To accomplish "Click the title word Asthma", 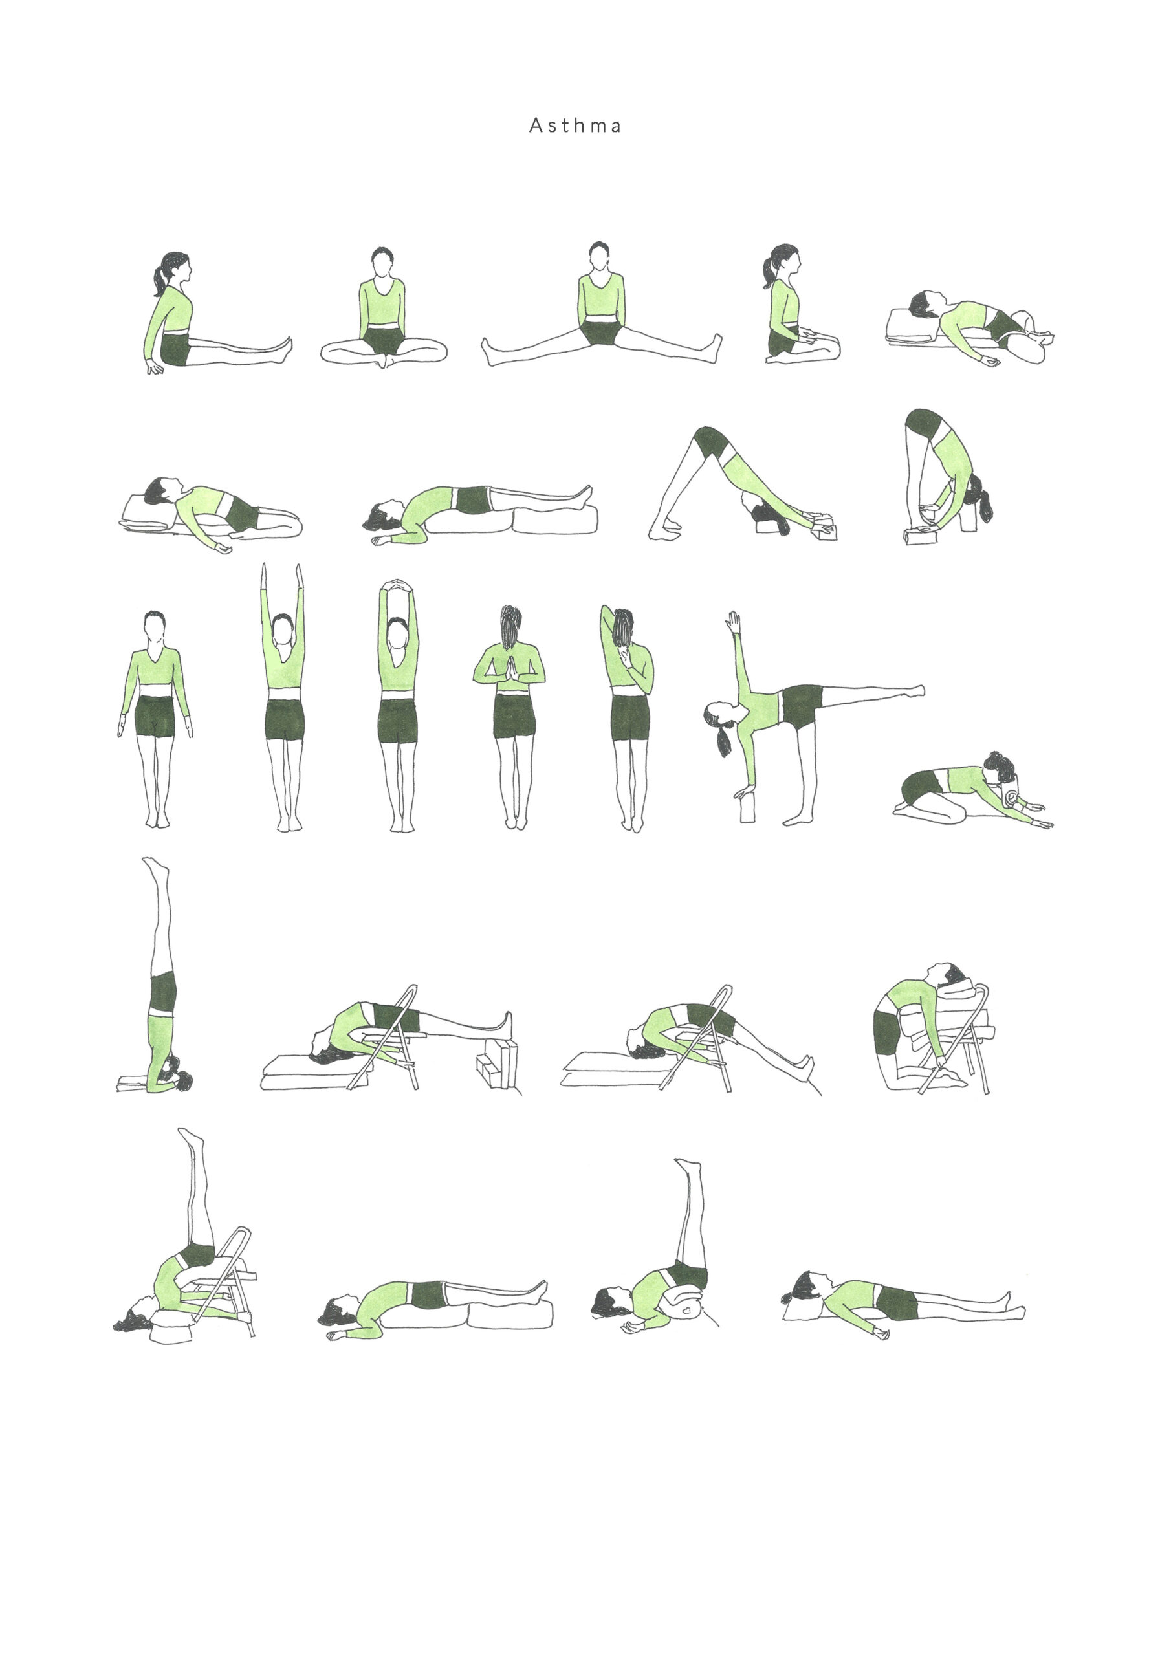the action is (x=575, y=125).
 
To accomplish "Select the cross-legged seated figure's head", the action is (x=382, y=261).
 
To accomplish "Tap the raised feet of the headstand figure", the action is (x=155, y=867).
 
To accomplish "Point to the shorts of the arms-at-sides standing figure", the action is (x=155, y=715).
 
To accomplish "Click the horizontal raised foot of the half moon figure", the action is (x=916, y=690).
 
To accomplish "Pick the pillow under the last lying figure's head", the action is (x=801, y=1309).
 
